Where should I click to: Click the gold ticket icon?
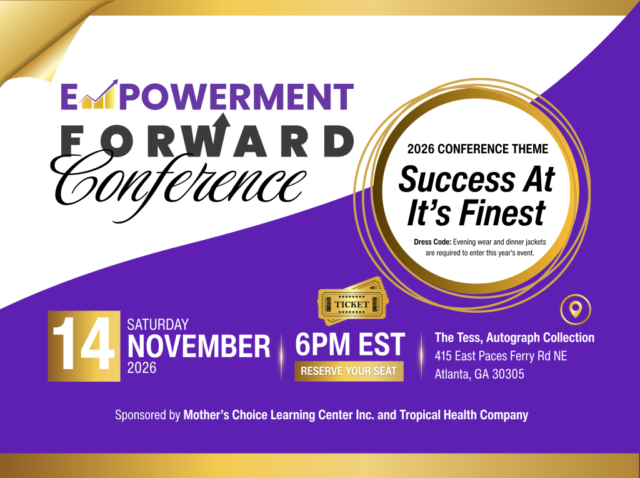[353, 302]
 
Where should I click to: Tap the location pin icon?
[576, 309]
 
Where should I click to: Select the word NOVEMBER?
[199, 347]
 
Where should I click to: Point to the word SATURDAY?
[158, 324]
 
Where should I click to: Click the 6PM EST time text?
[350, 344]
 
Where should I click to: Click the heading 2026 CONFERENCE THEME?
[477, 149]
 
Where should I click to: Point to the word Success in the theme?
[457, 180]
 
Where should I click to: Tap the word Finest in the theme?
[504, 213]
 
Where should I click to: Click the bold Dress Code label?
[432, 242]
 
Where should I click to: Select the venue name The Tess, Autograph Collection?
[514, 337]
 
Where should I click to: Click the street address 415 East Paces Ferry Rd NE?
[501, 356]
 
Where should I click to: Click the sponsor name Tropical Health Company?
[464, 415]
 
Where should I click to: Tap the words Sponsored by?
[147, 415]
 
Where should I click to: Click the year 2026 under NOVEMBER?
[142, 368]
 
